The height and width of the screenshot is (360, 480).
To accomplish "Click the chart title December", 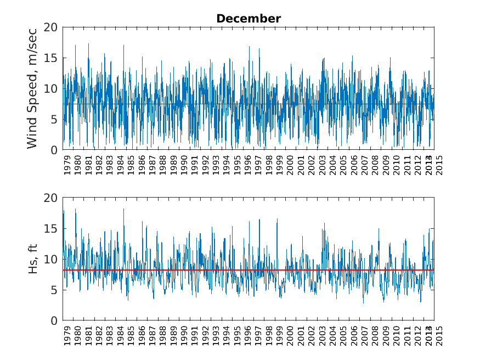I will click(x=249, y=19).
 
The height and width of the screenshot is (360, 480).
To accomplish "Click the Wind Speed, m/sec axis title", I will click(x=32, y=88).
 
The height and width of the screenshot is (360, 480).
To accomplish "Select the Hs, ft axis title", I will click(x=32, y=259).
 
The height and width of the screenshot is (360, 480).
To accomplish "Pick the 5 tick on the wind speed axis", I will click(x=53, y=119).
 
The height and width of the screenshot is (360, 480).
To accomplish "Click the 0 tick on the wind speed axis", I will click(x=53, y=150).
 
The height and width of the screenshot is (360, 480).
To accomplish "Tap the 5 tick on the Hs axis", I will click(x=53, y=290).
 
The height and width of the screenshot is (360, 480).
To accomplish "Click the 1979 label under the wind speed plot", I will click(x=67, y=165).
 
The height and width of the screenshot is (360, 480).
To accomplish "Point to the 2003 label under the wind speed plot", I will click(x=322, y=165).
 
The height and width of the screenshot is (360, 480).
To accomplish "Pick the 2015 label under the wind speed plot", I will click(x=439, y=165).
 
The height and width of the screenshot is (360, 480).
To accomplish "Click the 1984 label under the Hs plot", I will click(x=121, y=336).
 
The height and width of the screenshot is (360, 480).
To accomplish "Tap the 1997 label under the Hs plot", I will click(x=258, y=336).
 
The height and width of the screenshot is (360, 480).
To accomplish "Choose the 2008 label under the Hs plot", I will click(x=375, y=336).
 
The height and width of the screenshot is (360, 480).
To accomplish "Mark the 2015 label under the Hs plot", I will click(x=439, y=336).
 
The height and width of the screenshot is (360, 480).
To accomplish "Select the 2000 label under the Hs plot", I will click(x=290, y=336).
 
